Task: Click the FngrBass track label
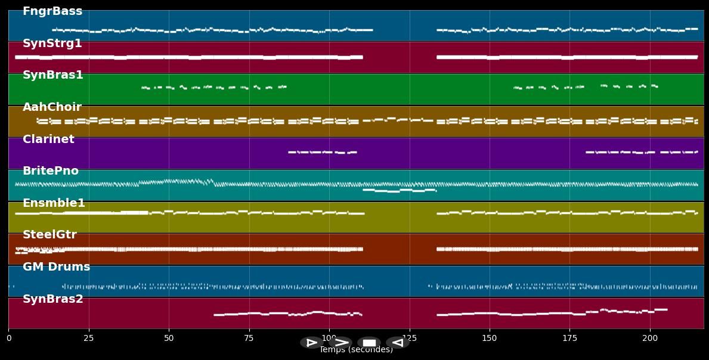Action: (52, 11)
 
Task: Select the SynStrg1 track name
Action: (52, 44)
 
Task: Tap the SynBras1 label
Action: (53, 75)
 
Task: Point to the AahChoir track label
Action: (52, 107)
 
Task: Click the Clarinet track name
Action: (48, 139)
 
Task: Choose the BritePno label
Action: (51, 171)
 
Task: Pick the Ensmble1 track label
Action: (54, 203)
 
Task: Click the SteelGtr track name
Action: (49, 235)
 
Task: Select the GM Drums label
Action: (56, 267)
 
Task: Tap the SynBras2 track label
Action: (53, 299)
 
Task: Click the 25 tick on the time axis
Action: (89, 338)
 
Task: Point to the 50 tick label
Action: (169, 338)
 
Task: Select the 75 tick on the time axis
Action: (249, 338)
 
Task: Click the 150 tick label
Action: (489, 338)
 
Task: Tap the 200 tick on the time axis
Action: (649, 338)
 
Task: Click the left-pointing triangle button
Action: (397, 343)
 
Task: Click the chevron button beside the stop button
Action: (340, 343)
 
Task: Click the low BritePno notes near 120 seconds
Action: (399, 191)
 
